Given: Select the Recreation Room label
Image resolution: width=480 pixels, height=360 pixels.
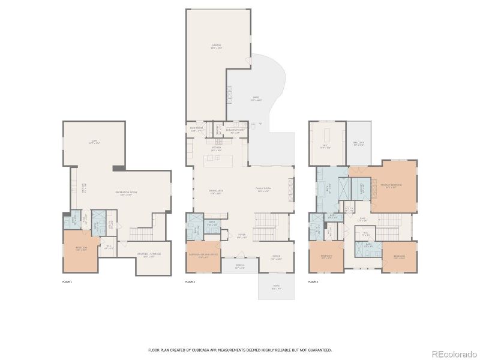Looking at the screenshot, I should [x=124, y=193].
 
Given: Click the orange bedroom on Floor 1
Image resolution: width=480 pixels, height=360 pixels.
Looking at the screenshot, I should [x=80, y=250].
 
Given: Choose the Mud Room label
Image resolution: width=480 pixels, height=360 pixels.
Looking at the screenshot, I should [x=196, y=130].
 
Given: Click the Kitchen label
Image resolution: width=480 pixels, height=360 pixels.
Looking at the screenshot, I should [x=217, y=147].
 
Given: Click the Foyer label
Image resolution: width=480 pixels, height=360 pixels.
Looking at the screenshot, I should [x=241, y=236].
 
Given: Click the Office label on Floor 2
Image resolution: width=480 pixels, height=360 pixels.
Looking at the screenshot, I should [x=277, y=258].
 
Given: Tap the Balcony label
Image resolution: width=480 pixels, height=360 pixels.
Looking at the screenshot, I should [x=359, y=143].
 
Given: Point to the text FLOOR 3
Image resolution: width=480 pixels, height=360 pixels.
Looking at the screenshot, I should [x=313, y=281].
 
